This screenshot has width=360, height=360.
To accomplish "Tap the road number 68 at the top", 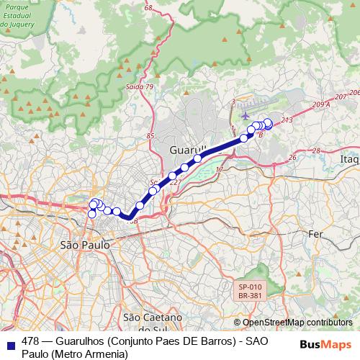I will click(x=148, y=8).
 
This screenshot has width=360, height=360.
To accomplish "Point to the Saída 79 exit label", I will click(x=140, y=86).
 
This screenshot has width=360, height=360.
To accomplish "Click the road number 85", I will click(x=150, y=135).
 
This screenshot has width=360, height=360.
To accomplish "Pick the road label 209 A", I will click(x=322, y=104).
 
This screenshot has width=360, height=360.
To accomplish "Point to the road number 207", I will click(x=341, y=96).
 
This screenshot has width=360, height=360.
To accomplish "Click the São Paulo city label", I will click(x=85, y=245).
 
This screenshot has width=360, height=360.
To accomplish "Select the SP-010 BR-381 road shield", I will click(x=248, y=289).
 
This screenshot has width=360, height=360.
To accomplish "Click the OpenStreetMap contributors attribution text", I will click(x=293, y=322).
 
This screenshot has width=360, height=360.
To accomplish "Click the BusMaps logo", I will click(x=325, y=343).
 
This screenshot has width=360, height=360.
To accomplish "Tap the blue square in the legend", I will click(x=10, y=342).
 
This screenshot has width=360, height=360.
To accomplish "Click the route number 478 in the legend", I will click(x=30, y=341).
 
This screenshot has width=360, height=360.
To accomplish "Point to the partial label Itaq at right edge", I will click(x=349, y=158).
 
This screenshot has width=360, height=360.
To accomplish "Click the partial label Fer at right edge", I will click(x=315, y=234).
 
